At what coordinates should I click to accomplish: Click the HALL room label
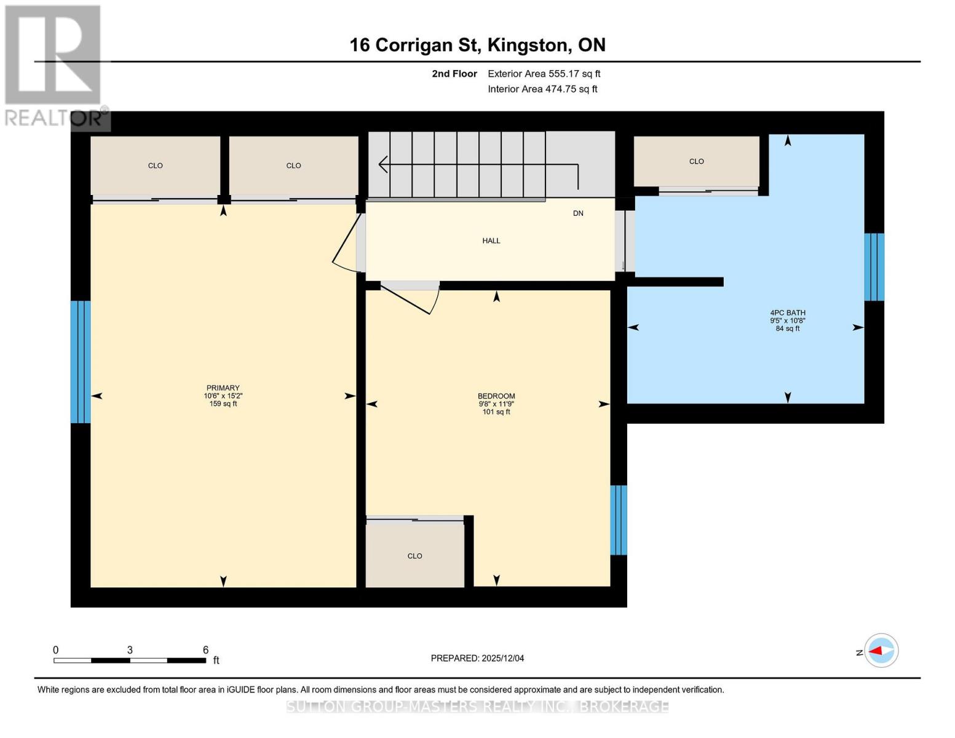pos(491,241)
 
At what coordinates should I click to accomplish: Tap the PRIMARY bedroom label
pos(223,388)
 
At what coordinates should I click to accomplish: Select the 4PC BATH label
pos(787,312)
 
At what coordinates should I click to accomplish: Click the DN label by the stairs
pos(578,213)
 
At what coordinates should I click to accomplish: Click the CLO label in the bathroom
pos(696,162)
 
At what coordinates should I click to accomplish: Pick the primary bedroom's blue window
pos(81,362)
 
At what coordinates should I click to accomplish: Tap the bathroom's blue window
pos(874,267)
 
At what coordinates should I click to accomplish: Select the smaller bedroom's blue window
pos(618,520)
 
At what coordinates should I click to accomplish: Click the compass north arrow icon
pos(881,651)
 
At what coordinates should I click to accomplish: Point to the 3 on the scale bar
pos(130,650)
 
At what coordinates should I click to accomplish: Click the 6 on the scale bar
pos(205,650)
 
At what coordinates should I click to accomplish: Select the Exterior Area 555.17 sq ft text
pos(544,74)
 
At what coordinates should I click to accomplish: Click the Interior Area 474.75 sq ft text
pos(542,89)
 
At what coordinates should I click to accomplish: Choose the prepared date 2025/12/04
pos(502,658)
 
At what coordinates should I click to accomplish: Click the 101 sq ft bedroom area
pos(496,412)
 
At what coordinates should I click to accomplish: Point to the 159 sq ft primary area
pos(223,404)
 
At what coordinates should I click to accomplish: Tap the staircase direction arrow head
pos(382,164)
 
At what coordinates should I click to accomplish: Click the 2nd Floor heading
pos(454,74)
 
